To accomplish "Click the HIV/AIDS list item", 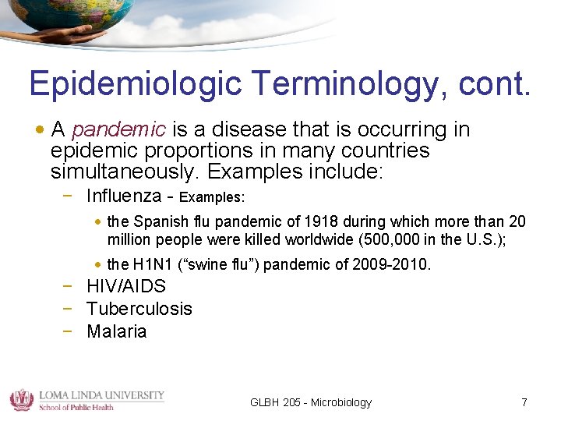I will [x=126, y=286].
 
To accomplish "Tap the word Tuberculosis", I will [x=139, y=309].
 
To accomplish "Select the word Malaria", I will [x=117, y=331].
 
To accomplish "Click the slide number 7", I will [x=524, y=402].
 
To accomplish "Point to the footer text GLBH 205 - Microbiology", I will [x=311, y=402].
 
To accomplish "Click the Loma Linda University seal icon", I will [x=20, y=399].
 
